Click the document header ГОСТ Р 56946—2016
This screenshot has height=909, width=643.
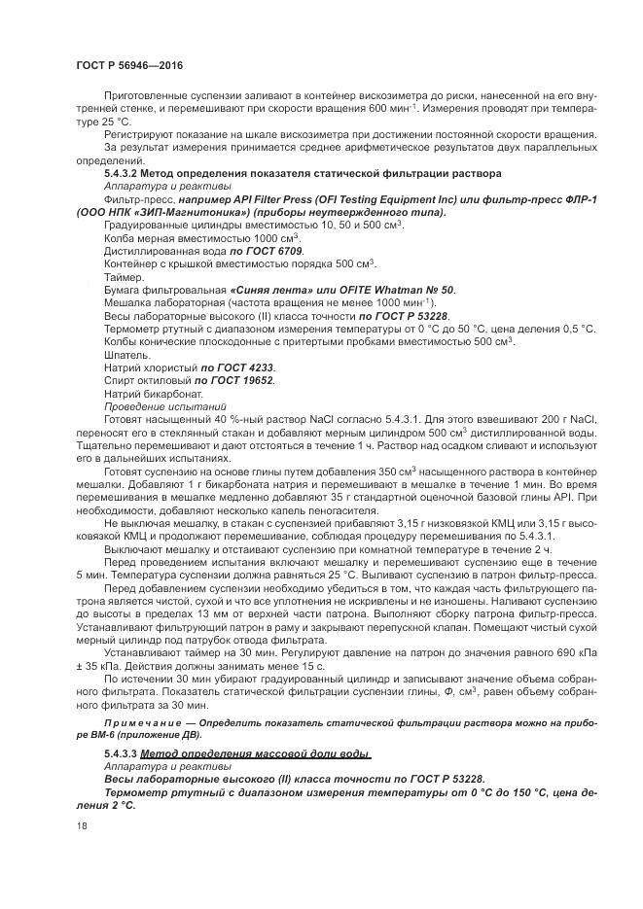(129, 64)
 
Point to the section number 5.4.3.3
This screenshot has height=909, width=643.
(122, 753)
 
